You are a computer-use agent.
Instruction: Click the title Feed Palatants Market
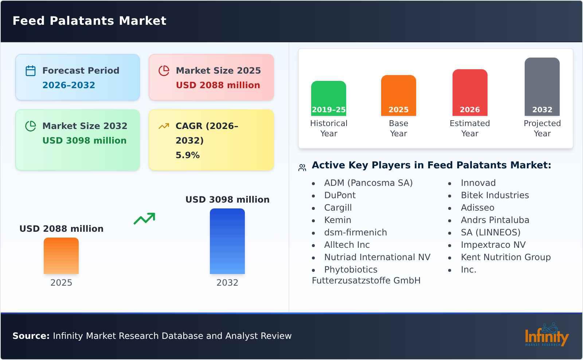click(x=89, y=21)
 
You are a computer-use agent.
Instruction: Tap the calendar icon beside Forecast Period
click(x=31, y=71)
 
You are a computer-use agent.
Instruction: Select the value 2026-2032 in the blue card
click(x=69, y=85)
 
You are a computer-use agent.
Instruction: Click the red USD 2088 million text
click(x=218, y=85)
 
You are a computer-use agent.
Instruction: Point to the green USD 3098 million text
click(x=84, y=141)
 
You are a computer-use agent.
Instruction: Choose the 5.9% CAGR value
click(x=187, y=155)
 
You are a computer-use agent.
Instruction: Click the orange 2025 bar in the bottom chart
click(x=61, y=255)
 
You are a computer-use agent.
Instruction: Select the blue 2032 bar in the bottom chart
click(x=227, y=241)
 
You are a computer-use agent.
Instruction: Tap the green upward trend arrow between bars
click(x=144, y=219)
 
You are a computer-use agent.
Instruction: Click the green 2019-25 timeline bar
click(x=328, y=98)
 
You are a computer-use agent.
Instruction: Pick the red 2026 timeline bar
click(x=470, y=92)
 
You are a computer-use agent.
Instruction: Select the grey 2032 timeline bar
click(x=542, y=86)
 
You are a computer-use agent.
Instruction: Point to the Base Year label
click(x=398, y=128)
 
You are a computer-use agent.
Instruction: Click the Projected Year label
click(x=542, y=128)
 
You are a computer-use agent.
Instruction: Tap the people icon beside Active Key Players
click(x=302, y=168)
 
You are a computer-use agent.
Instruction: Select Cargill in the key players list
click(x=338, y=208)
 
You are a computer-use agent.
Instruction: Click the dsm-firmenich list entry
click(x=355, y=232)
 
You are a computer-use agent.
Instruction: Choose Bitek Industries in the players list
click(x=494, y=195)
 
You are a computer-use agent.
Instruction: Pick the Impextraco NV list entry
click(x=493, y=245)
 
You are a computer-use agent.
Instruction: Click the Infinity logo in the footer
click(x=546, y=335)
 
